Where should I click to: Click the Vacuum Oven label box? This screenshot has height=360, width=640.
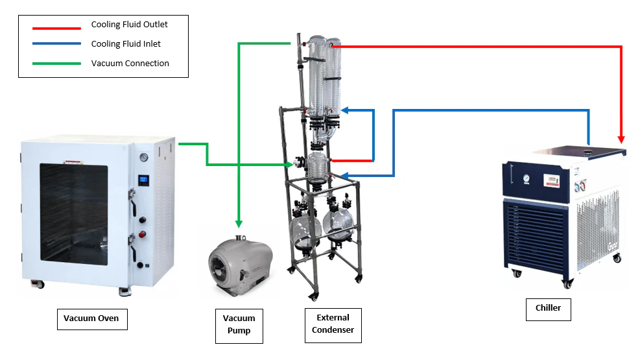[92, 319]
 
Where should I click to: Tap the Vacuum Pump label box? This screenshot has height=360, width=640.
[239, 326]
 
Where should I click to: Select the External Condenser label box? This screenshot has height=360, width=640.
[333, 326]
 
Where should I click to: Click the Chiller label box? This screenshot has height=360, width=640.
[548, 309]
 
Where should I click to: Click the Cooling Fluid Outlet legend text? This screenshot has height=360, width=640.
[130, 25]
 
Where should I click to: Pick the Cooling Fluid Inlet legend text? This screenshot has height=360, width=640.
[126, 43]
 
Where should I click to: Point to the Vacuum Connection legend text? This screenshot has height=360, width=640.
[130, 64]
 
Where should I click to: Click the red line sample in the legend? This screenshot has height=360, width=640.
[56, 28]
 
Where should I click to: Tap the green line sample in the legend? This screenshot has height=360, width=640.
[56, 64]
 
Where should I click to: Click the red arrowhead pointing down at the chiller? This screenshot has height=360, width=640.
[621, 139]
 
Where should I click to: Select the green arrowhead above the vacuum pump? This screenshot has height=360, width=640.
[239, 224]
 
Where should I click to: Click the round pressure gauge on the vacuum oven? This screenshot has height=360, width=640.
[144, 158]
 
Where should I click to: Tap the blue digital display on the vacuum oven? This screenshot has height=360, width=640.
[143, 180]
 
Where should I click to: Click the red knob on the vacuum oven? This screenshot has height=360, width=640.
[142, 234]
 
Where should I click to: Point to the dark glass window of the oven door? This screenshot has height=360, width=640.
[74, 214]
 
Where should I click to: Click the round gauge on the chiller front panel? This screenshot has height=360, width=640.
[527, 178]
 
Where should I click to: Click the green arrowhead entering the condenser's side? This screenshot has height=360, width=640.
[290, 165]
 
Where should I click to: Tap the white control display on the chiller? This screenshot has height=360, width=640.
[551, 181]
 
